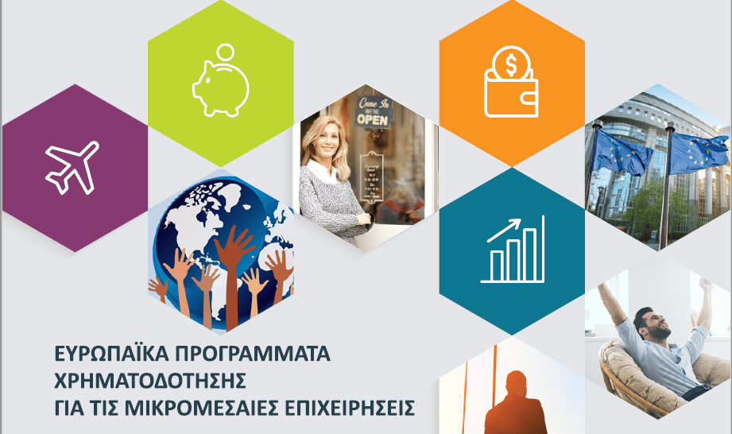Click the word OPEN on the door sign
tap(374, 120)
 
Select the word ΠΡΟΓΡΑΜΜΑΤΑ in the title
tap(250, 352)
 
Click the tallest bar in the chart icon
tap(537, 249)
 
